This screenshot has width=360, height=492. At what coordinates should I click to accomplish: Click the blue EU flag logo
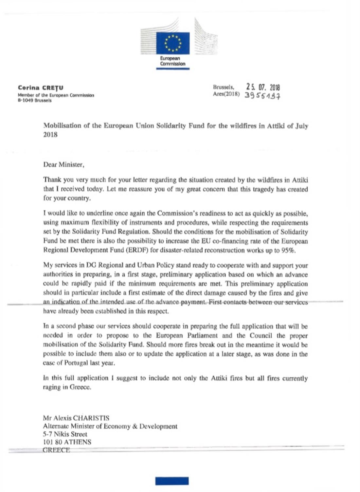(172, 43)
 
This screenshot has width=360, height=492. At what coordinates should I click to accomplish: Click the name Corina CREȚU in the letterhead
(41, 87)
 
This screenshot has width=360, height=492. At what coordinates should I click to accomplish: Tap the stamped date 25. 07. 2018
(263, 87)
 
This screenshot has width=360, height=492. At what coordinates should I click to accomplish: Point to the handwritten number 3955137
(262, 96)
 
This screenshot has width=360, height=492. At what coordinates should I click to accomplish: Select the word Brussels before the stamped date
(223, 87)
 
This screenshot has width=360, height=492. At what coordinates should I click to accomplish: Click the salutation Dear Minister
(63, 164)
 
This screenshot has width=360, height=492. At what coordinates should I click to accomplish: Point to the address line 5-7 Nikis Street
(65, 434)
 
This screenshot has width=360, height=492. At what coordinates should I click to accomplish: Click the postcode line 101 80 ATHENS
(67, 442)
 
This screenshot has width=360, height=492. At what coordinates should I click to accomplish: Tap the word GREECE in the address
(56, 450)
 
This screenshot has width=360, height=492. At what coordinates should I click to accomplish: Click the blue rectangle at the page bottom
(172, 481)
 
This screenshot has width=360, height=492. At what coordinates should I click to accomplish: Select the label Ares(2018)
(226, 94)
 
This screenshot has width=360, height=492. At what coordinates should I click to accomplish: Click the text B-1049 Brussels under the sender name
(35, 101)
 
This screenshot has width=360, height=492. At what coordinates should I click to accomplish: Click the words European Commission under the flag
(172, 61)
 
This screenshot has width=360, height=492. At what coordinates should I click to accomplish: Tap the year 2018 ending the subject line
(50, 135)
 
